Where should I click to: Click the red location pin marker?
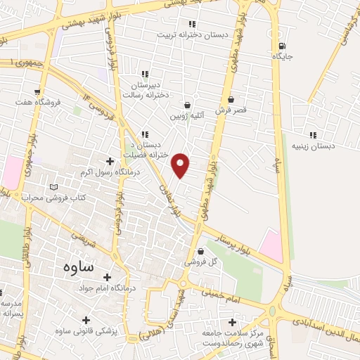181,165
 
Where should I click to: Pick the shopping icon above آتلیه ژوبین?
187,105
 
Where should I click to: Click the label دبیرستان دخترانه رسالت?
143,88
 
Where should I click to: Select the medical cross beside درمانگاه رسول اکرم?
110,161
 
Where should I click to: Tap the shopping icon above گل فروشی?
202,251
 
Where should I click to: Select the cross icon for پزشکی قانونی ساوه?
86,320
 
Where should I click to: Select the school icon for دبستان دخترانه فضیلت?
145,134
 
